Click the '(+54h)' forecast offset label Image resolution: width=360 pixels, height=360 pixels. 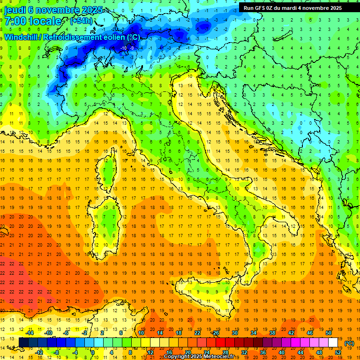pos(81,21)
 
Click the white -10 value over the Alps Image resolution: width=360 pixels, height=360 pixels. pos(124,48)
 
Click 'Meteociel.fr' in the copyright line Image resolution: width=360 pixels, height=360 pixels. pos(219,357)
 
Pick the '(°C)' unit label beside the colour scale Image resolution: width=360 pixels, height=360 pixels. pos(349,343)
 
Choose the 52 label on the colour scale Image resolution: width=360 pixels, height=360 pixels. pos(338,352)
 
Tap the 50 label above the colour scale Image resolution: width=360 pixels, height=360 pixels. pos(329,333)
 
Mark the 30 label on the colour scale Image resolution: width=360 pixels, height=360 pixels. pos(235,333)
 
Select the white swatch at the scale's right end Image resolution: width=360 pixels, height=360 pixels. pos(333,343)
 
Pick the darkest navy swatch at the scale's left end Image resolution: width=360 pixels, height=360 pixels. pos(24,343)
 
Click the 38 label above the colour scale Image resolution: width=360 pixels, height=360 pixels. pos(272,333)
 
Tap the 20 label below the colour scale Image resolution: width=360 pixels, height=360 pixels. pos(188,352)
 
